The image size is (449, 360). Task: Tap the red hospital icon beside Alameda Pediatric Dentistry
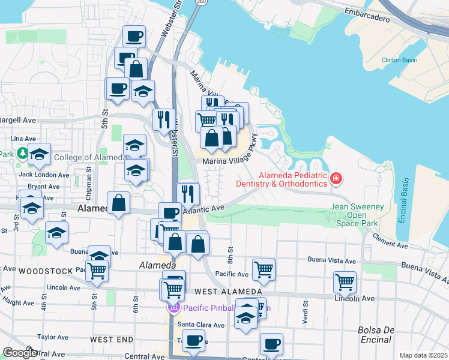coord(336,178)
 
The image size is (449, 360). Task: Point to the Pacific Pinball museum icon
coord(174,308)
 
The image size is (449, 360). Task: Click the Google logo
coord(19,353)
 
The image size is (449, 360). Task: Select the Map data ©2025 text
coord(424,355)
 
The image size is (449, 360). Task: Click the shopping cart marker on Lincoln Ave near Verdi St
coord(345,281)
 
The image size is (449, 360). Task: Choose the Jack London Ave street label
coord(44,175)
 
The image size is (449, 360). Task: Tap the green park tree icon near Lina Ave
coord(22,154)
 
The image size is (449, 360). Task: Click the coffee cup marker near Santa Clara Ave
coord(193,341)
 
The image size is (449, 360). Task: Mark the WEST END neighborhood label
coord(112,340)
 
